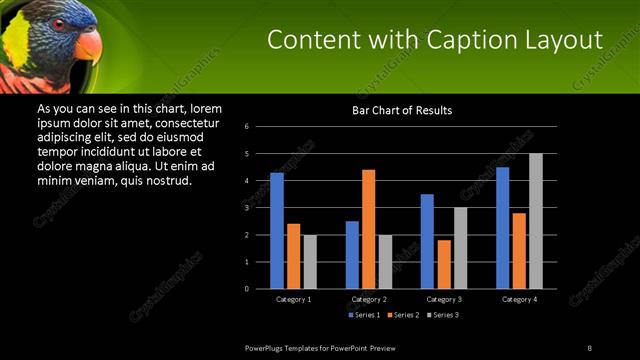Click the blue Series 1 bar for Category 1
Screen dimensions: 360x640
click(277, 231)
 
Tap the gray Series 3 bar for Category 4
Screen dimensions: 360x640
click(536, 221)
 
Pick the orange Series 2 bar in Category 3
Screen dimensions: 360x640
click(444, 264)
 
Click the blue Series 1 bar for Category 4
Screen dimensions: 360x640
click(502, 228)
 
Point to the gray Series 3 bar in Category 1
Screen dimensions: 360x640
click(310, 262)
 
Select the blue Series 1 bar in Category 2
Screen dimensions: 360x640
click(352, 255)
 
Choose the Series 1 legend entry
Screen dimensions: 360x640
click(365, 314)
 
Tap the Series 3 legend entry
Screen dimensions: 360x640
click(444, 314)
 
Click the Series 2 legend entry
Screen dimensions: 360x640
click(404, 314)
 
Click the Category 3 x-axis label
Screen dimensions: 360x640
click(443, 299)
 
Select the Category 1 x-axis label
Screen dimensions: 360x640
click(293, 299)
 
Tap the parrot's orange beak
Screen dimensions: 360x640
click(88, 46)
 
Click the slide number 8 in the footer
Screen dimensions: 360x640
click(589, 347)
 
